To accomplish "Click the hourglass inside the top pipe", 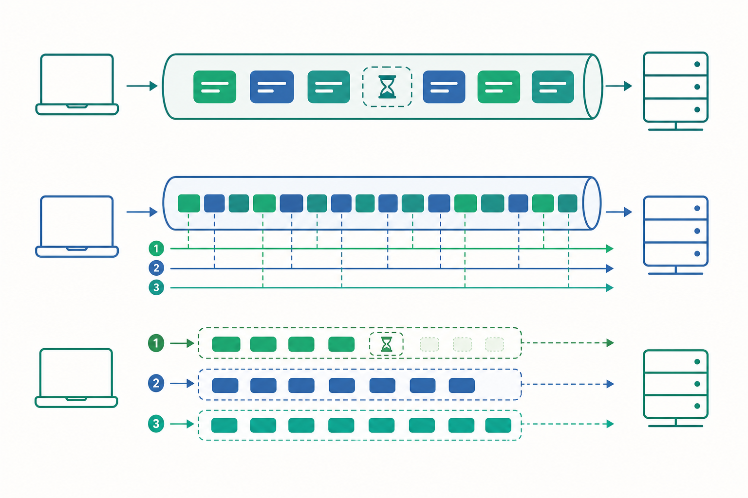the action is pyautogui.click(x=387, y=87).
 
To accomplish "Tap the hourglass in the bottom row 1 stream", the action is pyautogui.click(x=386, y=344).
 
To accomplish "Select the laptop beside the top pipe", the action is pyautogui.click(x=77, y=85).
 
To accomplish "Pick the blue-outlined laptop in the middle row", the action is pyautogui.click(x=77, y=227).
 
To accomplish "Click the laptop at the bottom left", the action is pyautogui.click(x=76, y=378).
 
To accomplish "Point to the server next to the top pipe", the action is pyautogui.click(x=675, y=91).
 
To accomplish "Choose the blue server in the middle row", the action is pyautogui.click(x=675, y=235).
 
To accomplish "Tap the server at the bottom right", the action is pyautogui.click(x=675, y=388).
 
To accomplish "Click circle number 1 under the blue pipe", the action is pyautogui.click(x=156, y=249).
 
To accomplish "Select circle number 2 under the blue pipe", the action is pyautogui.click(x=156, y=268).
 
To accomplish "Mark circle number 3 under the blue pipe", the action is pyautogui.click(x=156, y=287).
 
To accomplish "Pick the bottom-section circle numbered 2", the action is pyautogui.click(x=156, y=383).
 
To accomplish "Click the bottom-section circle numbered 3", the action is pyautogui.click(x=156, y=424).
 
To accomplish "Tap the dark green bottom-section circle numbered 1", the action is pyautogui.click(x=156, y=343).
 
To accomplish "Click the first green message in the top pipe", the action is pyautogui.click(x=215, y=87).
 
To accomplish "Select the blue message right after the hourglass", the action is pyautogui.click(x=444, y=87).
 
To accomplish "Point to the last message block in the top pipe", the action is pyautogui.click(x=553, y=87).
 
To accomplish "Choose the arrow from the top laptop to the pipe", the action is pyautogui.click(x=142, y=86).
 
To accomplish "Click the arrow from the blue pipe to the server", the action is pyautogui.click(x=619, y=212).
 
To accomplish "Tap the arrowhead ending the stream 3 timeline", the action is pyautogui.click(x=610, y=287).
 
